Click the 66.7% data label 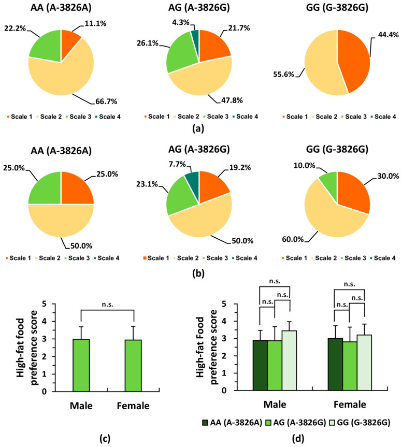tap(106, 102)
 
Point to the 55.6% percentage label tap(283, 75)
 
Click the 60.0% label tap(293, 239)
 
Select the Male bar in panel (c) tap(81, 365)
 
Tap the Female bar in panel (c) tap(133, 366)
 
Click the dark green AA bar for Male tap(260, 365)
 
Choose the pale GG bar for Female tap(364, 363)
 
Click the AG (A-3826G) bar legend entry tap(295, 423)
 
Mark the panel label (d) tap(298, 439)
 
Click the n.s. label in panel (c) tap(107, 305)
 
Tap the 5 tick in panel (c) tap(44, 304)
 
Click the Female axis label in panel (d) tap(350, 405)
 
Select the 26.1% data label tap(148, 43)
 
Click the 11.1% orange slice tap(70, 43)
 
